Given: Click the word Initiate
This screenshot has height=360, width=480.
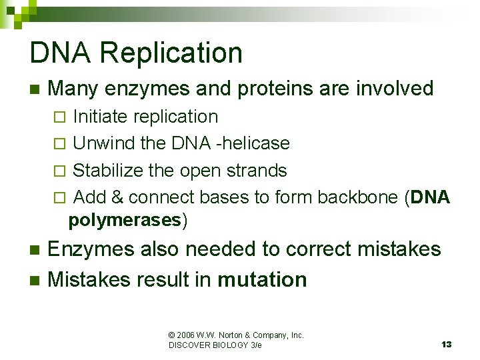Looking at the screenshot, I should pyautogui.click(x=101, y=117).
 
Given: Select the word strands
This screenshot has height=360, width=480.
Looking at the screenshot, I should pyautogui.click(x=257, y=171).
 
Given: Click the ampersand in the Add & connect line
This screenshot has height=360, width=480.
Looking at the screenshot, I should pyautogui.click(x=117, y=197).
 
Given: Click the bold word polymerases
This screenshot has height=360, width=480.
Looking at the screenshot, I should pyautogui.click(x=125, y=220).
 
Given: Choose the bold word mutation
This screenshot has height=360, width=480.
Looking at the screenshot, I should pyautogui.click(x=263, y=279).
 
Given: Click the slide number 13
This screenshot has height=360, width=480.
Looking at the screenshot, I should pyautogui.click(x=446, y=344).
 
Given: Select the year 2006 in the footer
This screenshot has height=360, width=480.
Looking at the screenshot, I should pyautogui.click(x=188, y=335).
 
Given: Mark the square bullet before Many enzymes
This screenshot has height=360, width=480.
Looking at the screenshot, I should pyautogui.click(x=35, y=89).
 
